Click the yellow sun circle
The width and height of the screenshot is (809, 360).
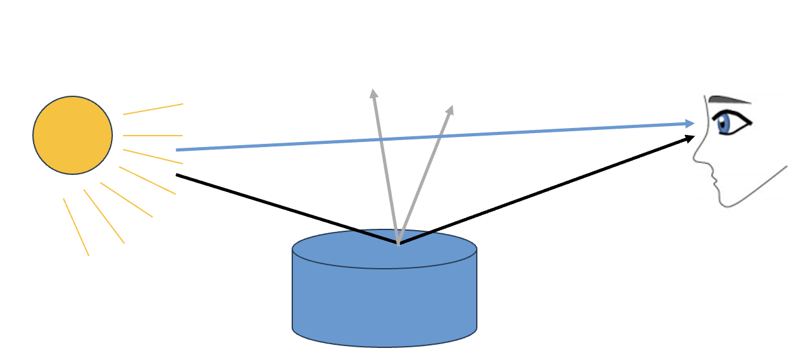(x=72, y=135)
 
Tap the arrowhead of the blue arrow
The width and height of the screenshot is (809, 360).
(x=691, y=123)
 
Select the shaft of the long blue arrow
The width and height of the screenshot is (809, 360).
(x=431, y=137)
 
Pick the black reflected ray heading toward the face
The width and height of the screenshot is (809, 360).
(x=545, y=190)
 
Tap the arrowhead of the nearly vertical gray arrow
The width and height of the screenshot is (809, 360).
(x=374, y=94)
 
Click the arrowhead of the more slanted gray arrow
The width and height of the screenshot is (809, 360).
(x=450, y=110)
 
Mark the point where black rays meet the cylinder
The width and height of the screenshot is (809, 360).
(x=398, y=243)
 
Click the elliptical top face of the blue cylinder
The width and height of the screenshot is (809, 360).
(x=355, y=250)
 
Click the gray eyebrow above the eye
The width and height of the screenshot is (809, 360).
(x=729, y=100)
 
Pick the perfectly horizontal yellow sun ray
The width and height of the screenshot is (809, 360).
(x=152, y=136)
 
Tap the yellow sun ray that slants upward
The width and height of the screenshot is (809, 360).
(x=152, y=109)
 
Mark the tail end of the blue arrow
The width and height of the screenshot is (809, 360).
(x=177, y=150)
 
